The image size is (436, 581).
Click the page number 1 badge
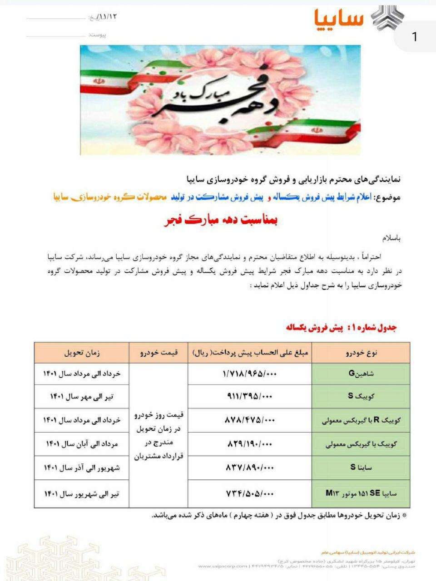click(414, 36)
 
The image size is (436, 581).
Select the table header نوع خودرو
click(361, 353)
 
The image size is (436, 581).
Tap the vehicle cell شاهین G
click(361, 374)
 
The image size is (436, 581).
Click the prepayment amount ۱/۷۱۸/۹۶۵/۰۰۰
click(249, 374)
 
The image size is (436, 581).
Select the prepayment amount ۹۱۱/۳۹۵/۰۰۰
click(249, 396)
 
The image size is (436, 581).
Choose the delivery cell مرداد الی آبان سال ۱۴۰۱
click(82, 443)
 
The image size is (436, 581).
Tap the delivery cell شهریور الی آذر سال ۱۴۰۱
click(82, 467)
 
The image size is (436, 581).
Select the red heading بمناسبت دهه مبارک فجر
click(221, 221)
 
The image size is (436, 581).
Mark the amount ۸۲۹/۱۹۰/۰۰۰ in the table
click(249, 443)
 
